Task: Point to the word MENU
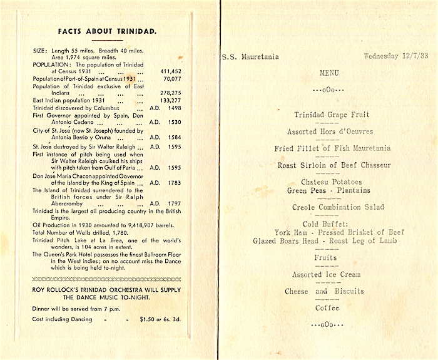(x=329, y=73)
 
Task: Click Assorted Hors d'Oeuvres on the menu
(x=330, y=132)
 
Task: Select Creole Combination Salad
(x=338, y=207)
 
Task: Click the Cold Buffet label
(x=328, y=224)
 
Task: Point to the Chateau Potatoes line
(x=328, y=182)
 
